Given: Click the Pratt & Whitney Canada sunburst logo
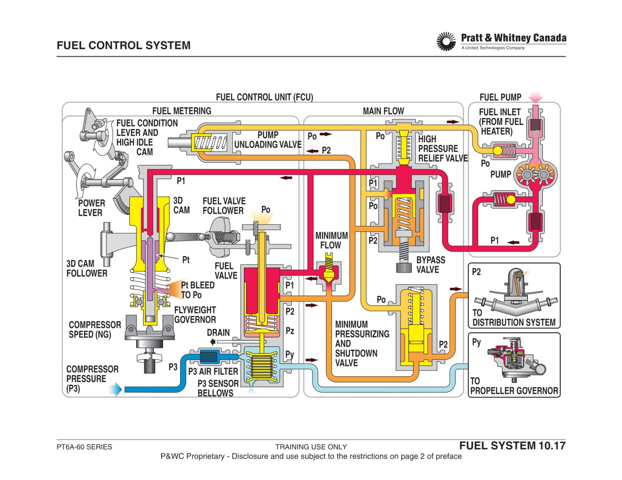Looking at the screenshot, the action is (446, 41).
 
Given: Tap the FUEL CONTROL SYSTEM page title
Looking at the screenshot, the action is (123, 46).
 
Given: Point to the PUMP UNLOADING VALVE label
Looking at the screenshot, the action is (268, 140).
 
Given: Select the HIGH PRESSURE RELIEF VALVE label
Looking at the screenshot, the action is (443, 149).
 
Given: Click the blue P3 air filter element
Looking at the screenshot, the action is (209, 356).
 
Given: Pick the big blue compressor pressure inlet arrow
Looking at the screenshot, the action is (116, 389).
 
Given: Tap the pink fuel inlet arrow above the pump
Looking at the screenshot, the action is (535, 97).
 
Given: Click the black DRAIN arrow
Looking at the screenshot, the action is (213, 341).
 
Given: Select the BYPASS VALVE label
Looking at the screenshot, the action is (430, 265).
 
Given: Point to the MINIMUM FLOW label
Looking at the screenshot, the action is (331, 241).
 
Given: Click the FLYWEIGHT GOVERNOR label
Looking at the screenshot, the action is (195, 315).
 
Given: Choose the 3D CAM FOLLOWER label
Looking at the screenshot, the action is (87, 268).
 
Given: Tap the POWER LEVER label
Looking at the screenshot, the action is (91, 208).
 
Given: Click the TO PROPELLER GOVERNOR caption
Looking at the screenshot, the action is (514, 386).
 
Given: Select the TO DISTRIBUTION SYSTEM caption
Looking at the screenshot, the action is (514, 318).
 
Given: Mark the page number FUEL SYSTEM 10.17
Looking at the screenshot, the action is (512, 446).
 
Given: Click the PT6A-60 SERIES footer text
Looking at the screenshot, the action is (84, 447).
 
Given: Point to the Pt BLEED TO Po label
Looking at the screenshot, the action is (198, 290).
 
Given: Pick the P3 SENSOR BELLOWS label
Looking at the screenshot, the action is (218, 388).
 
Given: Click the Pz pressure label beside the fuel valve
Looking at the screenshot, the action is (290, 331).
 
